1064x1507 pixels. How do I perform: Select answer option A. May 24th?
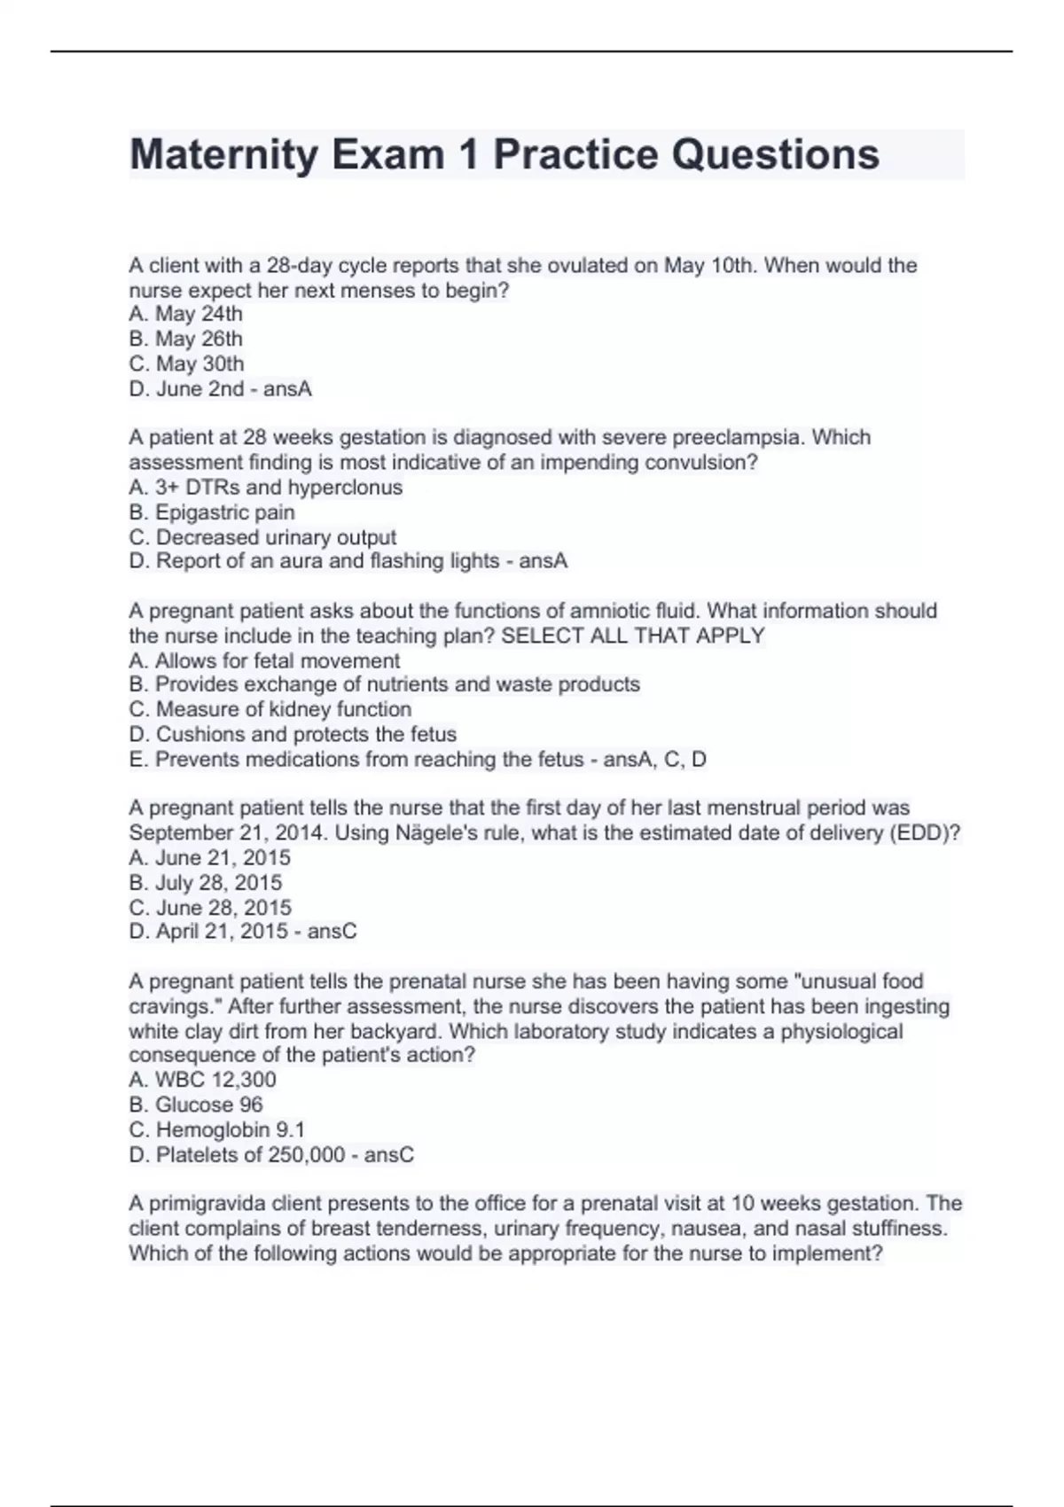185,314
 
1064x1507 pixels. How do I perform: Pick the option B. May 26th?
185,339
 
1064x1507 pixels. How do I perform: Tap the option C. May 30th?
186,363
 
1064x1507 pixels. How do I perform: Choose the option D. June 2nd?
186,388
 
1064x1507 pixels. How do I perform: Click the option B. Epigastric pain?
212,512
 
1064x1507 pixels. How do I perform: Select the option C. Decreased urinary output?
262,537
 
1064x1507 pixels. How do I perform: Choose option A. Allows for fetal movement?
264,660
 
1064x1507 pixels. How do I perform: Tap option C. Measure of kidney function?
270,709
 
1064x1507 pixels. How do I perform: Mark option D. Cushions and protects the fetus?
293,734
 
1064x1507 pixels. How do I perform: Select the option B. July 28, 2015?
206,882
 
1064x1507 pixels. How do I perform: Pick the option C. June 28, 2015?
210,907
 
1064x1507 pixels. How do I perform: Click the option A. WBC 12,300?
202,1080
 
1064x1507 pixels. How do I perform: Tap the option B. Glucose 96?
196,1105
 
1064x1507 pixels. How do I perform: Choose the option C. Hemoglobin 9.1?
217,1129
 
